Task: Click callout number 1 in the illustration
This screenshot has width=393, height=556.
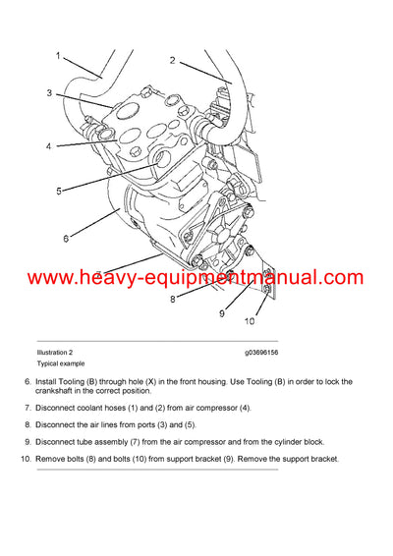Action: [57, 56]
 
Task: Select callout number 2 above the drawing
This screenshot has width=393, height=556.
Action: [172, 60]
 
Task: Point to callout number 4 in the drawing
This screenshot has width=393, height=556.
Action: [48, 147]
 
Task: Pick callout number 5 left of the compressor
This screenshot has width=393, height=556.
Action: [58, 191]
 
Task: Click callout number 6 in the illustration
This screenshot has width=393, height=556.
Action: [66, 238]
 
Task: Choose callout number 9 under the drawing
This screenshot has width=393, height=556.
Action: [222, 313]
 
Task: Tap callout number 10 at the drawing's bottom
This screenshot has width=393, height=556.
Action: [249, 322]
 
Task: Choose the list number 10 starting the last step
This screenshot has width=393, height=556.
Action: [25, 459]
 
